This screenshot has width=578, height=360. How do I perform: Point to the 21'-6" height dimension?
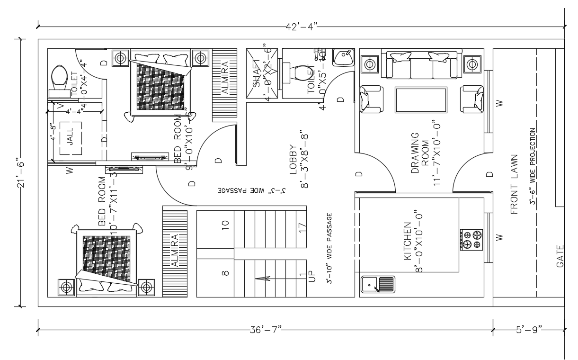coord(20,172)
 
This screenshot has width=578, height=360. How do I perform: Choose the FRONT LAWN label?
coord(515,185)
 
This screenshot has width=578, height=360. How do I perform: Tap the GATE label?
coord(560,256)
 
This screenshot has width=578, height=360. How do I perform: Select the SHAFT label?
coord(257,73)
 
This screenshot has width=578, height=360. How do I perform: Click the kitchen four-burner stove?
coord(471,239)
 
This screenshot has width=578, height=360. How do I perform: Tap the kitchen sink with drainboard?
coord(377,285)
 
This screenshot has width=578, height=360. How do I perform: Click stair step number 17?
coord(302,227)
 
